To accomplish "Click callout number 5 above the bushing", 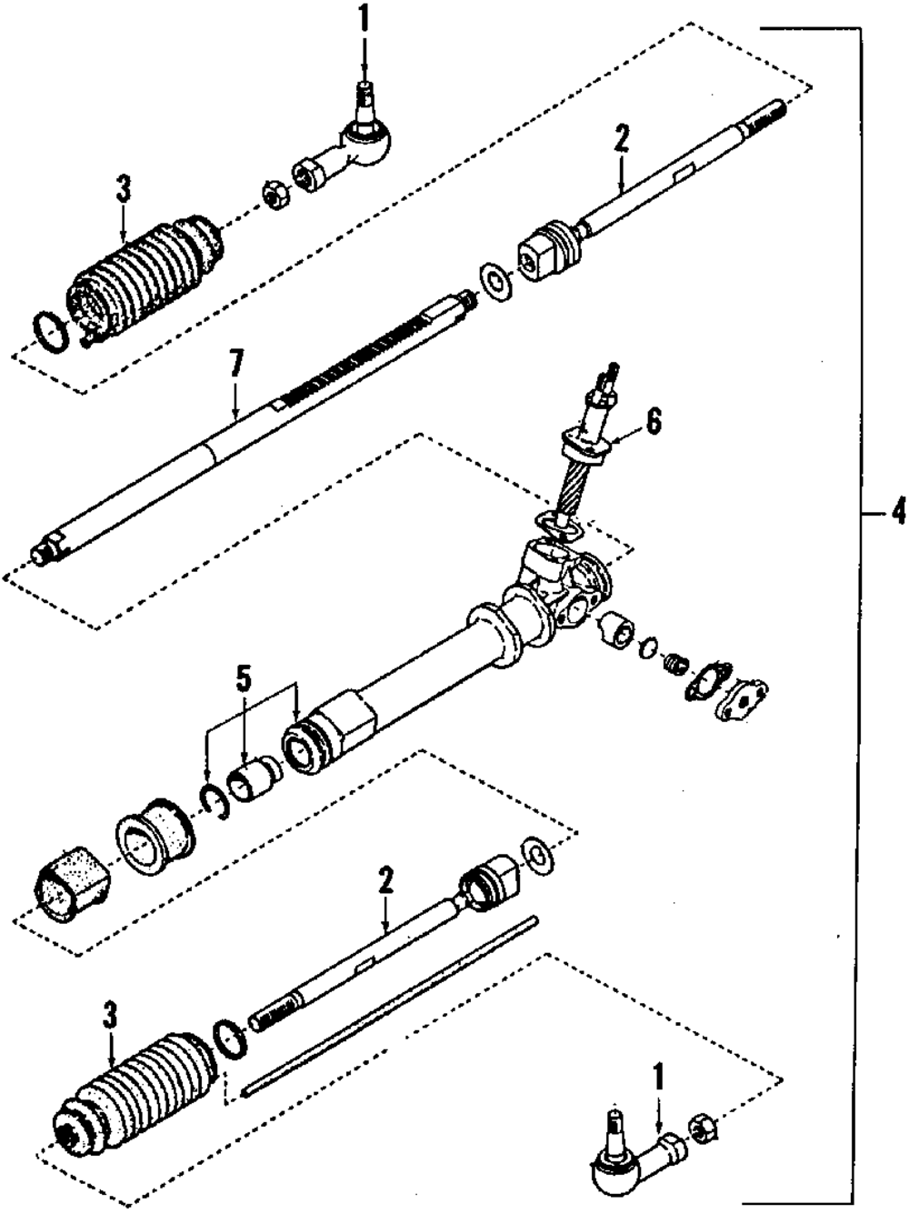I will pyautogui.click(x=243, y=677).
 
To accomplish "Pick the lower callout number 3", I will pyautogui.click(x=110, y=1016).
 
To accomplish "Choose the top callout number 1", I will pyautogui.click(x=364, y=19).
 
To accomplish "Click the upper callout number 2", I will pyautogui.click(x=621, y=139).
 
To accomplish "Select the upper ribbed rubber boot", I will pyautogui.click(x=145, y=273).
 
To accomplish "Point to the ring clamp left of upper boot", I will pyautogui.click(x=50, y=330).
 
